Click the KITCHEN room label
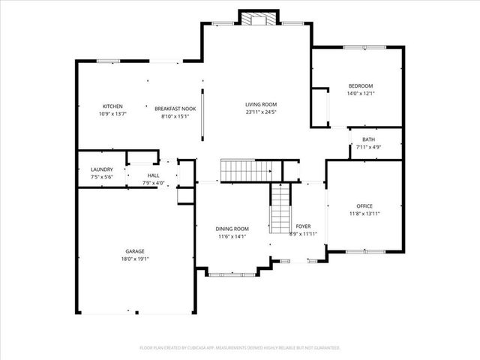(112, 106)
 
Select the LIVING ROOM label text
(261, 104)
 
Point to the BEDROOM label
(360, 86)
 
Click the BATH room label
(368, 139)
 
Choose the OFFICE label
(364, 206)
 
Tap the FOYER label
(303, 226)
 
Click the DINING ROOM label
(232, 229)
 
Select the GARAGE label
(135, 251)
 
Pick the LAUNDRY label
(101, 170)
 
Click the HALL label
(153, 176)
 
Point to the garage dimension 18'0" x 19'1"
(135, 259)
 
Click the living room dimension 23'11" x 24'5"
(261, 112)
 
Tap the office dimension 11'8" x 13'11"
(364, 214)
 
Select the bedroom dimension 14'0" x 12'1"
(360, 94)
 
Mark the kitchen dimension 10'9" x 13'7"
(112, 115)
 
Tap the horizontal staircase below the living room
(244, 170)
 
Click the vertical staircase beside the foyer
(280, 211)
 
